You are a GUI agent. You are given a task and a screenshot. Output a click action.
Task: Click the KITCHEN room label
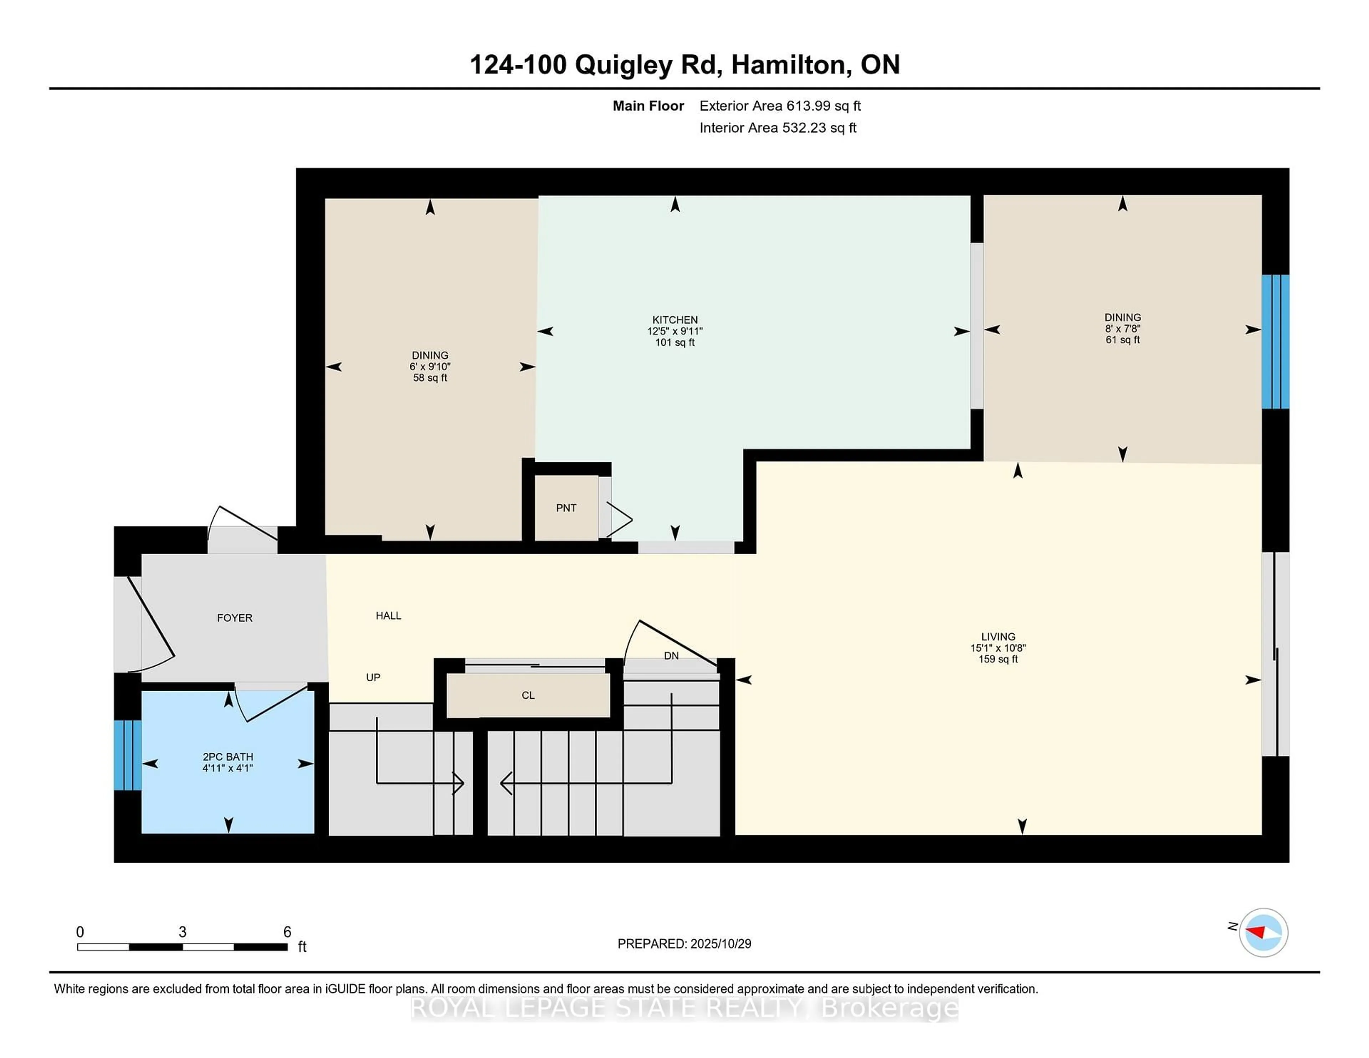click(675, 320)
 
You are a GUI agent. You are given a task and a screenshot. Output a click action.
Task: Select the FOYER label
click(235, 618)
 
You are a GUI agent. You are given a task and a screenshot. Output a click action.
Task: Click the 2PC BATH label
click(227, 756)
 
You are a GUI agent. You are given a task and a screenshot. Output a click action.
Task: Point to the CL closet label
click(528, 695)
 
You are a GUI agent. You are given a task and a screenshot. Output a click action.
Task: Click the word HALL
click(388, 616)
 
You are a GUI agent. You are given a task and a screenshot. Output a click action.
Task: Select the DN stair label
click(671, 656)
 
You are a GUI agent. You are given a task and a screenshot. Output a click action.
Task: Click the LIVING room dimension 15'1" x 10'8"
click(998, 648)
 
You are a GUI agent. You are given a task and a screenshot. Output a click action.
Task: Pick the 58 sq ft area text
click(430, 378)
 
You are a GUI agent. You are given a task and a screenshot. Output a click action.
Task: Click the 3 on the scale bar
click(183, 932)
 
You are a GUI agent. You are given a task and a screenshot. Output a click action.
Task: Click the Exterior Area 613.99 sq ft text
click(780, 106)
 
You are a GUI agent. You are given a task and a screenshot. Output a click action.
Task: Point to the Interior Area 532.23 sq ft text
click(777, 128)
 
